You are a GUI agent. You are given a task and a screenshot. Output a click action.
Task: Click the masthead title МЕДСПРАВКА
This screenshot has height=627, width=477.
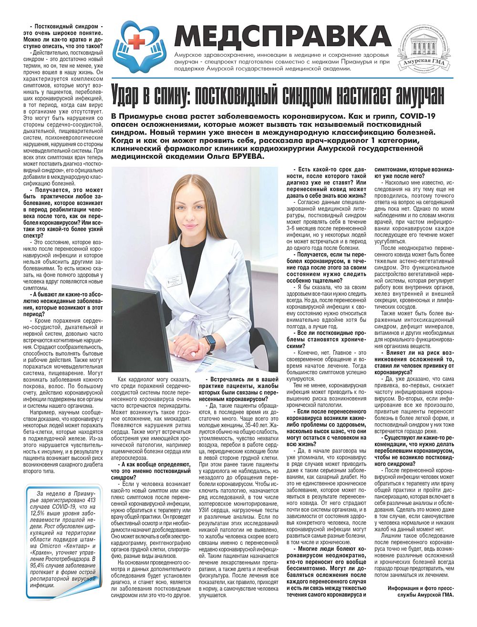[282, 35]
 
